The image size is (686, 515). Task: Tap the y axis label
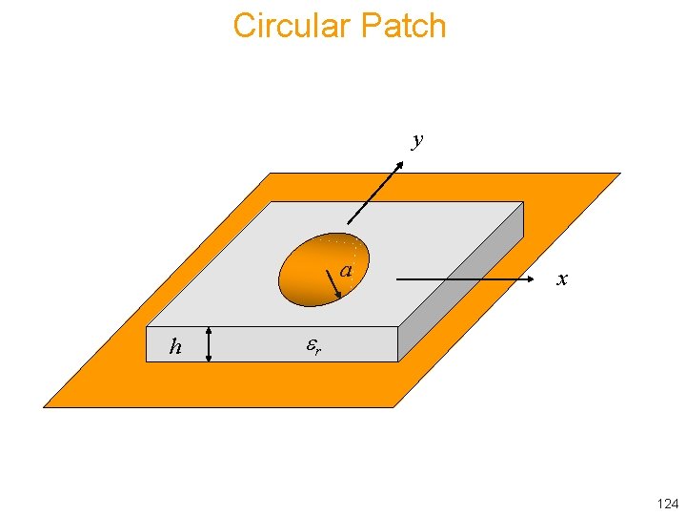[416, 141]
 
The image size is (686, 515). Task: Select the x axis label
[562, 279]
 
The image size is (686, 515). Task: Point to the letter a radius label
[347, 272]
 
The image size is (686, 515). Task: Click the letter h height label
[175, 347]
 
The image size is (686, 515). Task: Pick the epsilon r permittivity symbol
[313, 347]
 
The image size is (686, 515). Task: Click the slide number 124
[667, 503]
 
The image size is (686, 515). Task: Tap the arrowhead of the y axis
[400, 163]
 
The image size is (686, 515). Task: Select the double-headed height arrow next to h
[209, 344]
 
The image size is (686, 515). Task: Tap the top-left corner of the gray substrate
[272, 203]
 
